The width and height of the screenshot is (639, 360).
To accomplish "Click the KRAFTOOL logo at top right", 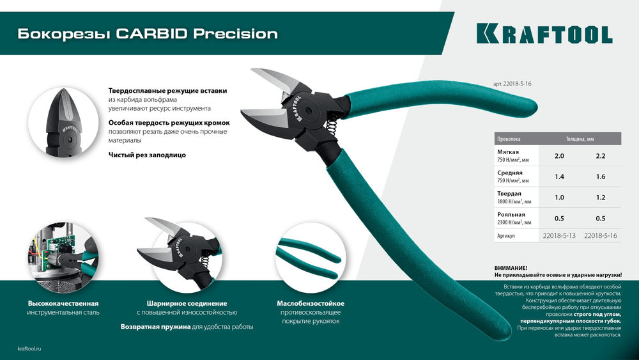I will [544, 34].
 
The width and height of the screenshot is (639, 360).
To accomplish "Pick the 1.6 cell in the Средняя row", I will [600, 176].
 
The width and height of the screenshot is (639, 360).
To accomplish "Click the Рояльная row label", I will [511, 215].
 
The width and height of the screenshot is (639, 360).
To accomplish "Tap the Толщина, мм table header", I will [580, 138].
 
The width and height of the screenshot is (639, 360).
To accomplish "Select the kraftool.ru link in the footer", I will [29, 347].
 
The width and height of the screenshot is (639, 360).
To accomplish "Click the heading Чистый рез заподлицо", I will [146, 155].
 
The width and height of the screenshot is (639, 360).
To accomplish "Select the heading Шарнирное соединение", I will [187, 303].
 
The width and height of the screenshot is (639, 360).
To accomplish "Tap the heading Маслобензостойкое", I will [311, 303].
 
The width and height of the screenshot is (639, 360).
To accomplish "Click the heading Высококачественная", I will [63, 303].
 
